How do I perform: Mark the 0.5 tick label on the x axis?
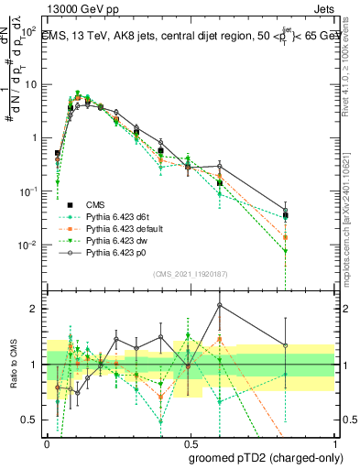[x=189, y=441]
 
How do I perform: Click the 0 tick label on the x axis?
[x=47, y=441]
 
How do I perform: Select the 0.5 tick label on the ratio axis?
[x=29, y=420]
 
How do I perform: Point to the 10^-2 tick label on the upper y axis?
[x=27, y=245]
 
